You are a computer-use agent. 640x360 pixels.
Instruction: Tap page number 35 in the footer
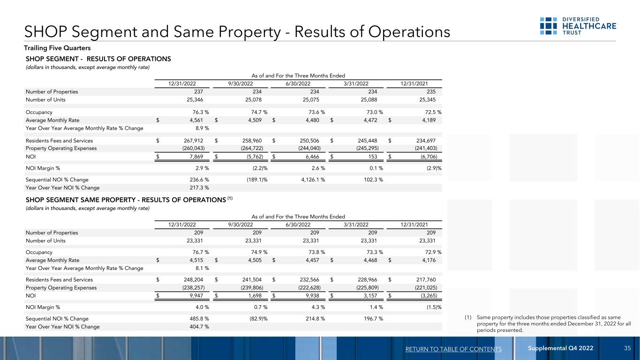[x=627, y=348]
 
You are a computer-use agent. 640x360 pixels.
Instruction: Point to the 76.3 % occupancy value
[x=197, y=112]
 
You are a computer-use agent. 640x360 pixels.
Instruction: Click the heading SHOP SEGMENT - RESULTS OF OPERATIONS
[x=98, y=59]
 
